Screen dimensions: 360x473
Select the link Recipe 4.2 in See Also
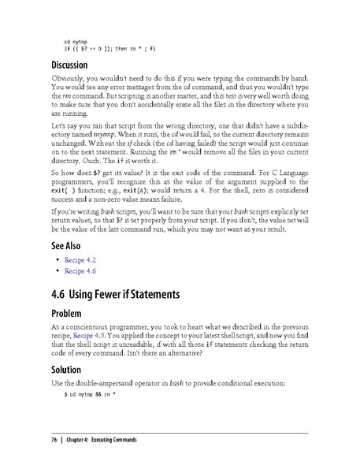(x=80, y=259)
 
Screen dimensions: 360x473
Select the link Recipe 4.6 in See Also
(x=80, y=270)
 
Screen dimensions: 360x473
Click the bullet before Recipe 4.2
(x=57, y=259)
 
